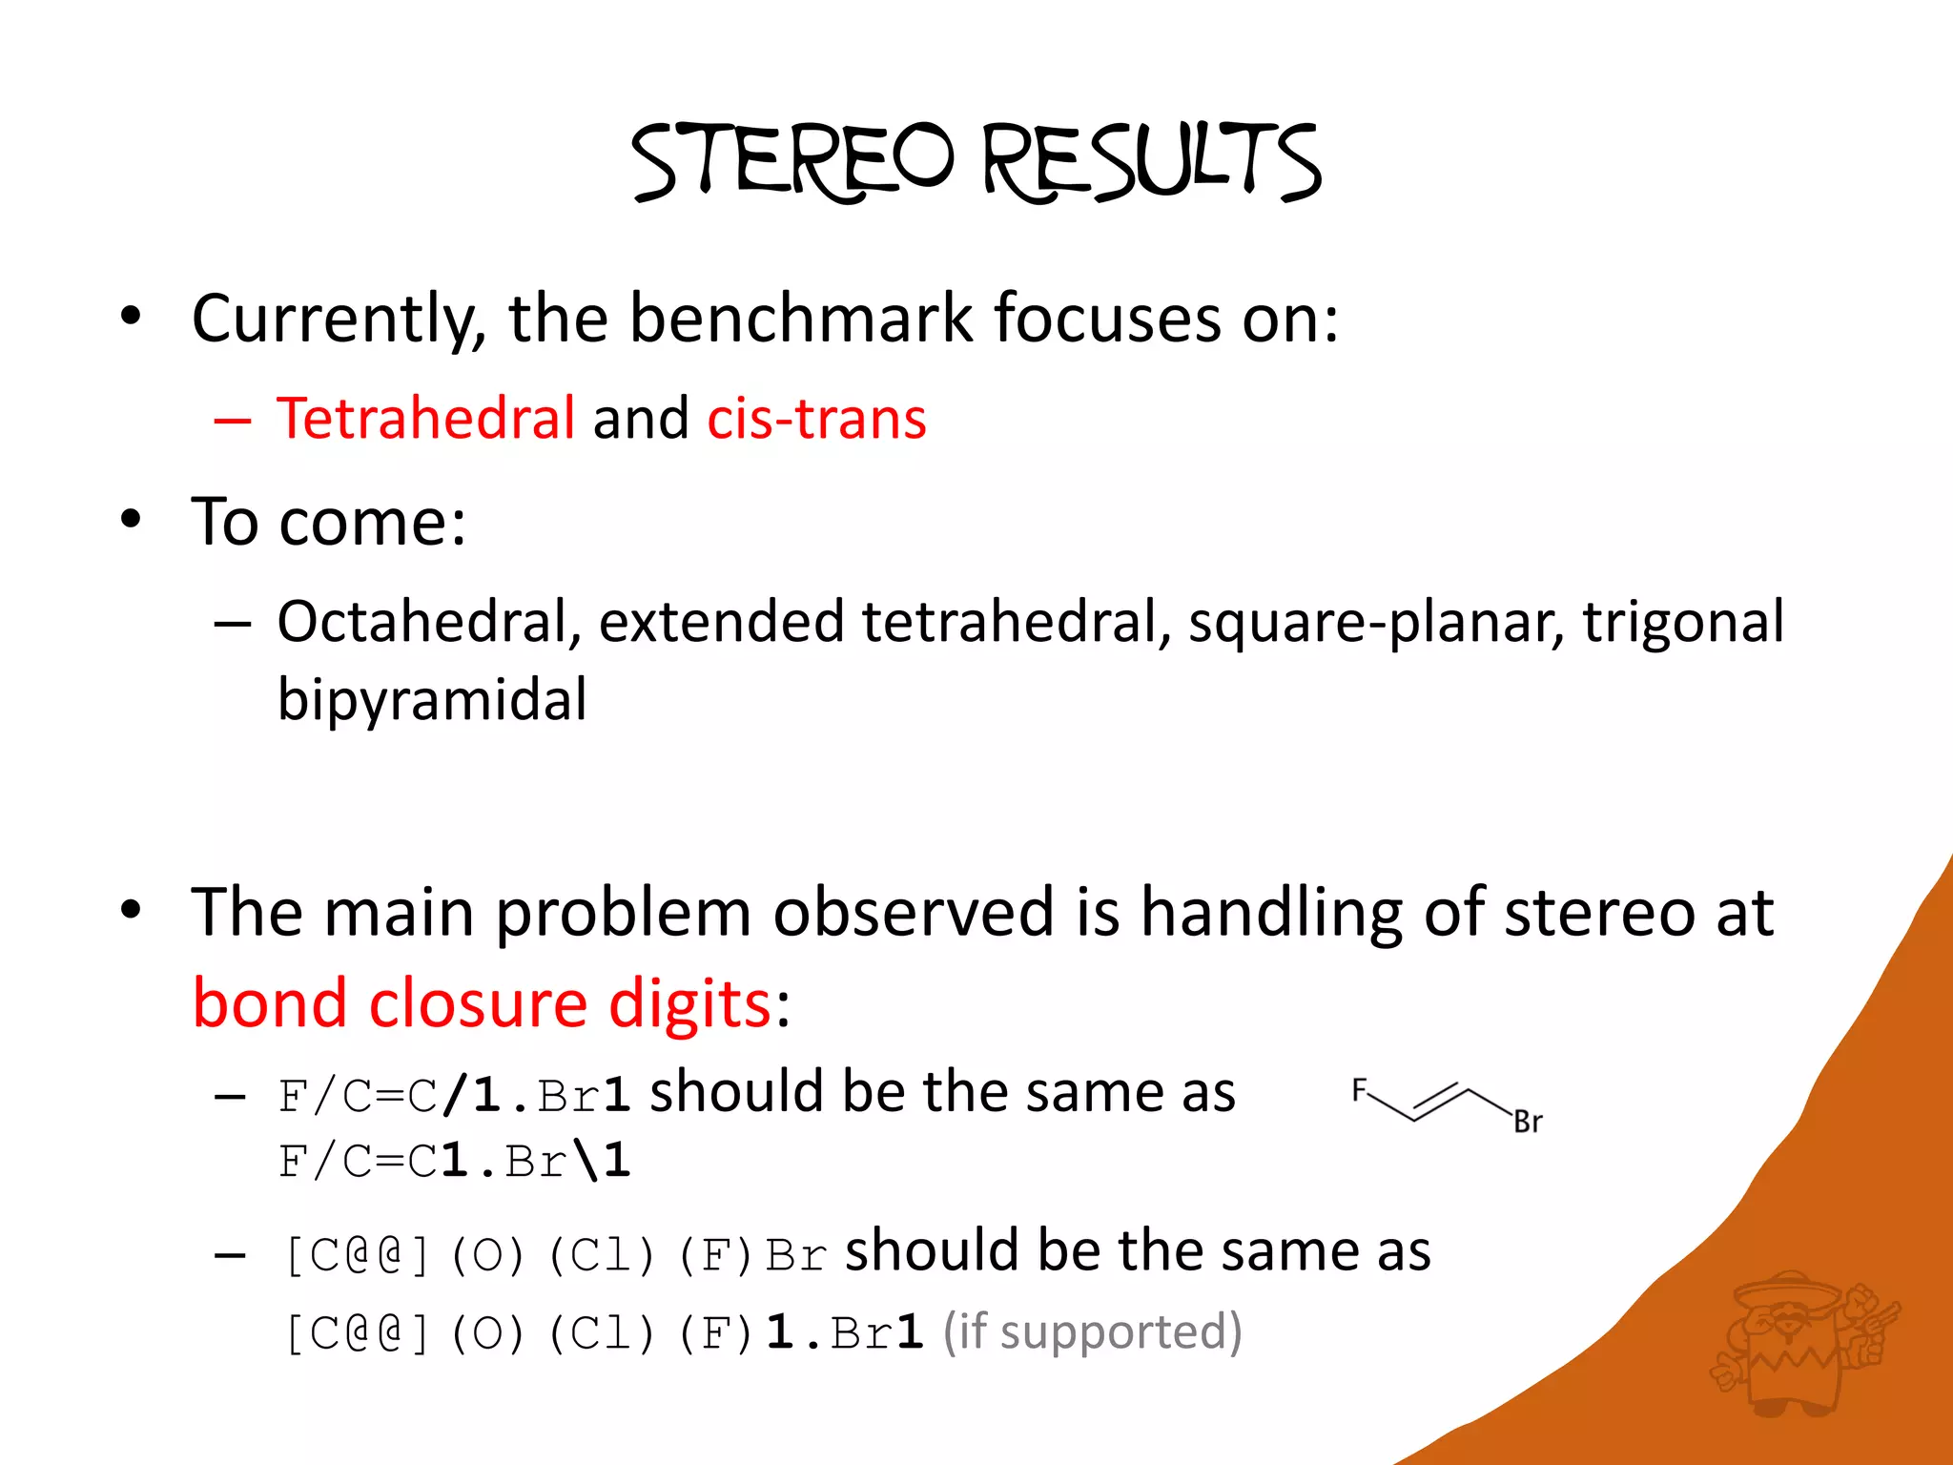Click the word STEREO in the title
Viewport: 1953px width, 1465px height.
pyautogui.click(x=791, y=162)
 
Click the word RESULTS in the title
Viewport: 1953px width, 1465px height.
pyautogui.click(x=1152, y=162)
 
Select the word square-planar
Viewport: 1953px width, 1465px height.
pyautogui.click(x=1375, y=622)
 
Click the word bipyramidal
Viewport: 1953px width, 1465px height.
pyautogui.click(x=432, y=699)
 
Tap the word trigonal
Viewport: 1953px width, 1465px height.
pyautogui.click(x=1683, y=622)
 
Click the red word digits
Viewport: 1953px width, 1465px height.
pyautogui.click(x=689, y=1003)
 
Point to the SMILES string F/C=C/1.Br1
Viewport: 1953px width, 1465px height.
pyautogui.click(x=454, y=1095)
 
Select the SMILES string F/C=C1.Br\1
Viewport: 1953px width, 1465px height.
pyautogui.click(x=454, y=1162)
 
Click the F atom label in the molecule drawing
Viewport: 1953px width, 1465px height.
pyautogui.click(x=1360, y=1089)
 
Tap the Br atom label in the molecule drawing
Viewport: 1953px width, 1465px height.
pyautogui.click(x=1528, y=1123)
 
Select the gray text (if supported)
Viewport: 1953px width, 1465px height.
pyautogui.click(x=1092, y=1331)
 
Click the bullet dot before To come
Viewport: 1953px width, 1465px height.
pyautogui.click(x=131, y=520)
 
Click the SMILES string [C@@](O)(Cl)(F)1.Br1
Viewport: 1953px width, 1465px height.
pyautogui.click(x=604, y=1332)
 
